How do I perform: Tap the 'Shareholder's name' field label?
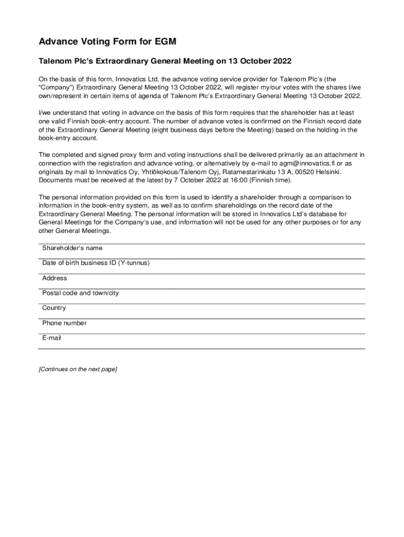pos(72,248)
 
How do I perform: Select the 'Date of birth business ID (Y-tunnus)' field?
pos(96,263)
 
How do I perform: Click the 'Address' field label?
pos(55,278)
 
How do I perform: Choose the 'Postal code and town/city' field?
pos(80,293)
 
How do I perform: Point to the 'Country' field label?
pos(54,308)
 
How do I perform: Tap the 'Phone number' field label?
pos(65,323)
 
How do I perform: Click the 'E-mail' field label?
pos(52,338)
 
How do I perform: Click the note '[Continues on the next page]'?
pos(78,369)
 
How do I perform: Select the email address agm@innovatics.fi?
pos(301,164)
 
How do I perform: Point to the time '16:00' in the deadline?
pos(239,180)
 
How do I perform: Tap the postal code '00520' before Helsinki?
pos(305,172)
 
